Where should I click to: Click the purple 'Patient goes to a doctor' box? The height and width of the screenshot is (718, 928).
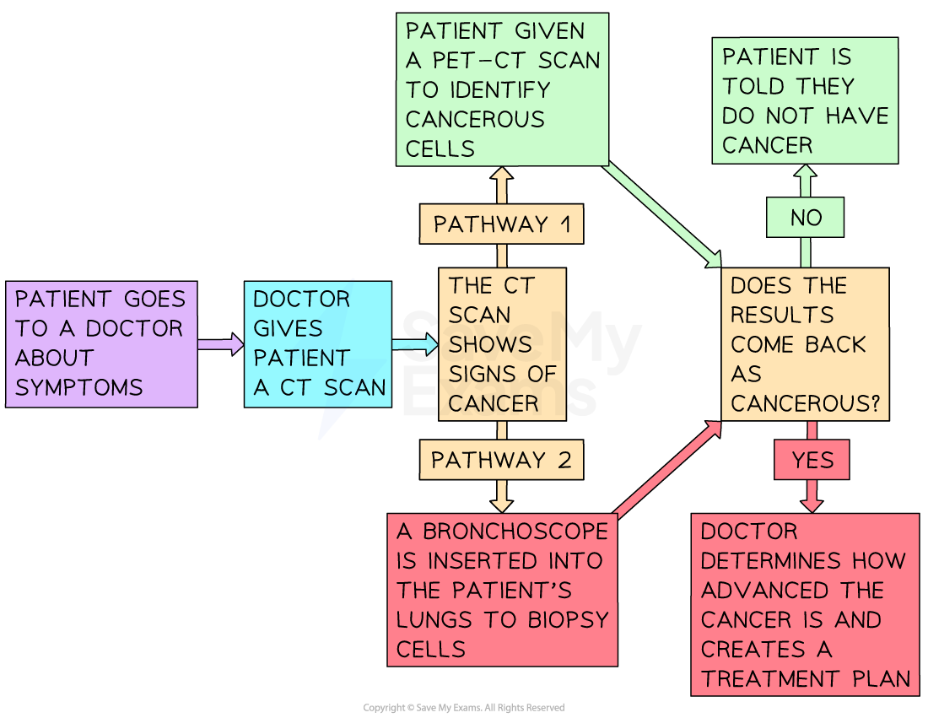tap(101, 344)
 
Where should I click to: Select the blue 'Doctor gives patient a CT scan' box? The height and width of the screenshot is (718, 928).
tap(318, 344)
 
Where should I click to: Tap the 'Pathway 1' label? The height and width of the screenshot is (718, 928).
tap(501, 224)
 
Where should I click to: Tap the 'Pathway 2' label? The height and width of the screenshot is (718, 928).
tap(501, 460)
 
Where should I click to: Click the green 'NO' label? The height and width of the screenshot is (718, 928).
tap(806, 218)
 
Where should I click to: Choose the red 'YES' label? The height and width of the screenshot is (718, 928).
tap(812, 460)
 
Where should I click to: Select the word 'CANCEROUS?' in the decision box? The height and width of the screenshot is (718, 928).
tap(805, 403)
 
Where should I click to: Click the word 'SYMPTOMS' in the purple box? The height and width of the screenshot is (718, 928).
tap(79, 388)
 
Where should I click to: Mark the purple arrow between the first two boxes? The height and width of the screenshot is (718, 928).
tap(220, 344)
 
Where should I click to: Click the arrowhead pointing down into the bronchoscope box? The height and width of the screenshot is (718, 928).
tap(501, 503)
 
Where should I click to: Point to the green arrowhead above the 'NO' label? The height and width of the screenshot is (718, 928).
tap(805, 173)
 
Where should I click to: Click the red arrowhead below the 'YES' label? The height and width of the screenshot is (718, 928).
tap(812, 503)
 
